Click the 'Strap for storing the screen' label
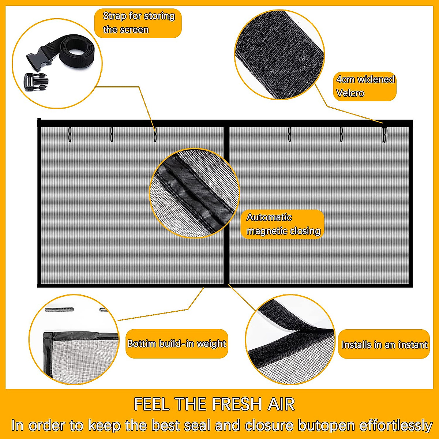(138, 23)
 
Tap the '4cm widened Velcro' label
(365, 86)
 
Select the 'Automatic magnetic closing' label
(283, 224)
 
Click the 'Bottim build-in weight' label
(177, 344)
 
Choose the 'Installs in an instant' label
(384, 344)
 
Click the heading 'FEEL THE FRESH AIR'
(214, 404)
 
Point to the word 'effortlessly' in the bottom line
(396, 425)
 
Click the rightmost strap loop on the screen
(384, 134)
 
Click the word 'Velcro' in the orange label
(350, 93)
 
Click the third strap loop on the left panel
(155, 134)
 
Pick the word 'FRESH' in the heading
(237, 404)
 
